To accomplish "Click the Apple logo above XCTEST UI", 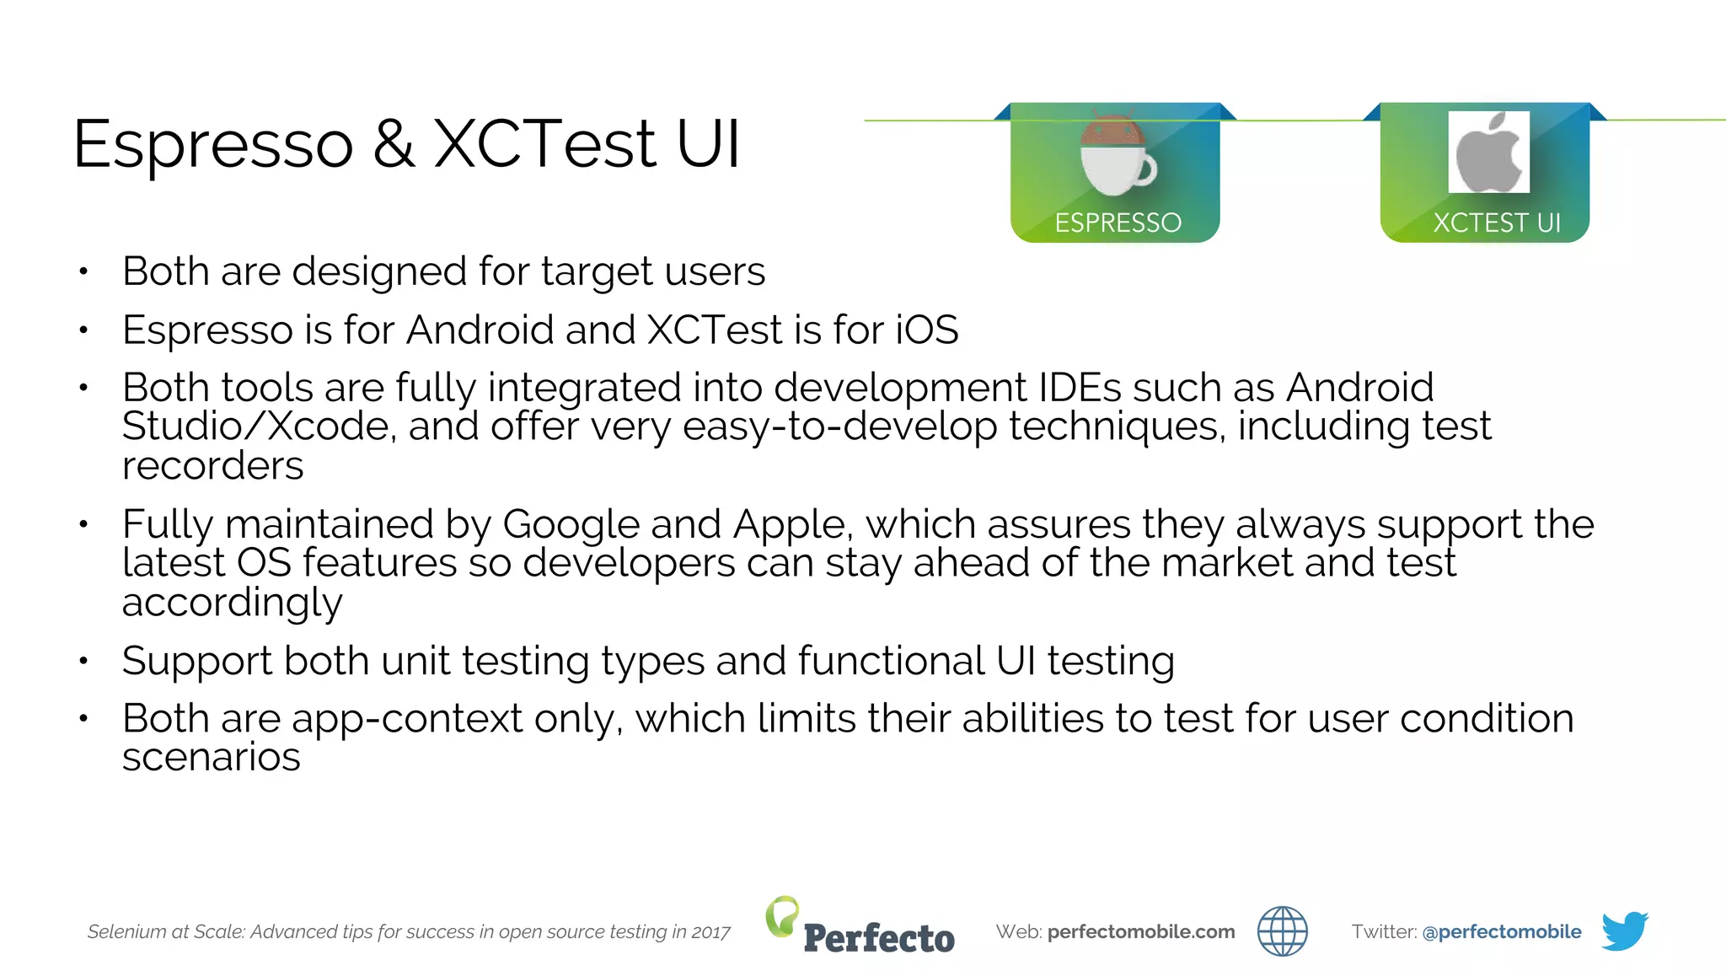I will pyautogui.click(x=1488, y=153).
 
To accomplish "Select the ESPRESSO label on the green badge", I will pyautogui.click(x=1118, y=223).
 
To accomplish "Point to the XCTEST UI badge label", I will pyautogui.click(x=1497, y=223).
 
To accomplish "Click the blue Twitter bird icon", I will pyautogui.click(x=1624, y=931).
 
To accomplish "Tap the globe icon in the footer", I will pyautogui.click(x=1282, y=931).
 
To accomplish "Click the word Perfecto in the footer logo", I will pyautogui.click(x=879, y=938).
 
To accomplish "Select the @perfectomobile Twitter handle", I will pyautogui.click(x=1501, y=931).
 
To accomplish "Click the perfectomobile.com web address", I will pyautogui.click(x=1140, y=931).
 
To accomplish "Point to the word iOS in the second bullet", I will pyautogui.click(x=926, y=330).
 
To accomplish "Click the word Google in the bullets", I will pyautogui.click(x=571, y=524).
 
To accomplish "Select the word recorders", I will pyautogui.click(x=212, y=466).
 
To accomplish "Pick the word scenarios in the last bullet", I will pyautogui.click(x=211, y=757).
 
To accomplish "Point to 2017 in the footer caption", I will pyautogui.click(x=710, y=932).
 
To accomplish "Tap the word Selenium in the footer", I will pyautogui.click(x=126, y=932).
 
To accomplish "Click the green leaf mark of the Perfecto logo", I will pyautogui.click(x=782, y=915).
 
